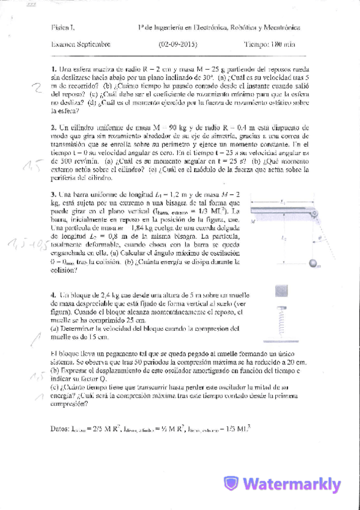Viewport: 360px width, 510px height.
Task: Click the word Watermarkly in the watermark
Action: (x=293, y=484)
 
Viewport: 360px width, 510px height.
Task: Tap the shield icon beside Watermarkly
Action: (x=231, y=484)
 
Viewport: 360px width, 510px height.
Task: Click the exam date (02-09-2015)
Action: (x=178, y=44)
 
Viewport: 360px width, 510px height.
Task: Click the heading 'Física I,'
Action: (x=62, y=27)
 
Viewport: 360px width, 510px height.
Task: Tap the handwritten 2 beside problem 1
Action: (x=38, y=88)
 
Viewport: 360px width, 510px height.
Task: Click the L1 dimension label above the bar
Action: (x=282, y=203)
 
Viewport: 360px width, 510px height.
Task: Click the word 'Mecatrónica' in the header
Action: (x=282, y=27)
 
